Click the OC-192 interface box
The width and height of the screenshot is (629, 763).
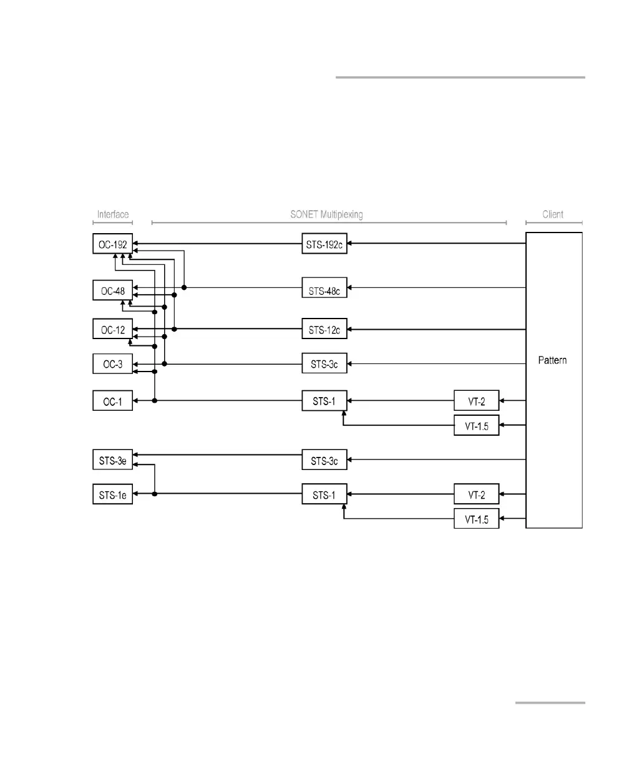pyautogui.click(x=112, y=243)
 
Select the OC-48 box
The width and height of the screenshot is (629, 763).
pyautogui.click(x=112, y=291)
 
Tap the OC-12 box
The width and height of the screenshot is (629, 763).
pyautogui.click(x=112, y=330)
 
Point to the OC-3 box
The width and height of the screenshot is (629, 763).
pyautogui.click(x=112, y=364)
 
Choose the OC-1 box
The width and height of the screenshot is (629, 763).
pyautogui.click(x=112, y=401)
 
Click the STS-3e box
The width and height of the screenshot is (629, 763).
pyautogui.click(x=112, y=461)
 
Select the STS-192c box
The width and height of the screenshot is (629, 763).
pyautogui.click(x=324, y=244)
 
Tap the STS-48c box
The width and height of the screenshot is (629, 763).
pyautogui.click(x=324, y=290)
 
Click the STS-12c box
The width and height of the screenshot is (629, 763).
pyautogui.click(x=324, y=330)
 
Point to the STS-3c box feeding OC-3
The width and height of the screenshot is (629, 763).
pyautogui.click(x=324, y=364)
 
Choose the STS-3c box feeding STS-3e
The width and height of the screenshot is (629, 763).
pyautogui.click(x=324, y=461)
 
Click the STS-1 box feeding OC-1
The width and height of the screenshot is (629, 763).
pyautogui.click(x=324, y=401)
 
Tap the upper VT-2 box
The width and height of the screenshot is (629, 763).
pyautogui.click(x=476, y=401)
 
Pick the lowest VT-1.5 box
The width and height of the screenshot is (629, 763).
pyautogui.click(x=476, y=519)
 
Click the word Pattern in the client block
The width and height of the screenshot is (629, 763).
pyautogui.click(x=553, y=360)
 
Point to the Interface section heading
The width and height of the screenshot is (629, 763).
pyautogui.click(x=112, y=214)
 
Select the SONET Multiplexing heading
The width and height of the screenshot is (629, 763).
pyautogui.click(x=326, y=214)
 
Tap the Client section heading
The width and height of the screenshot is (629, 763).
pyautogui.click(x=553, y=214)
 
